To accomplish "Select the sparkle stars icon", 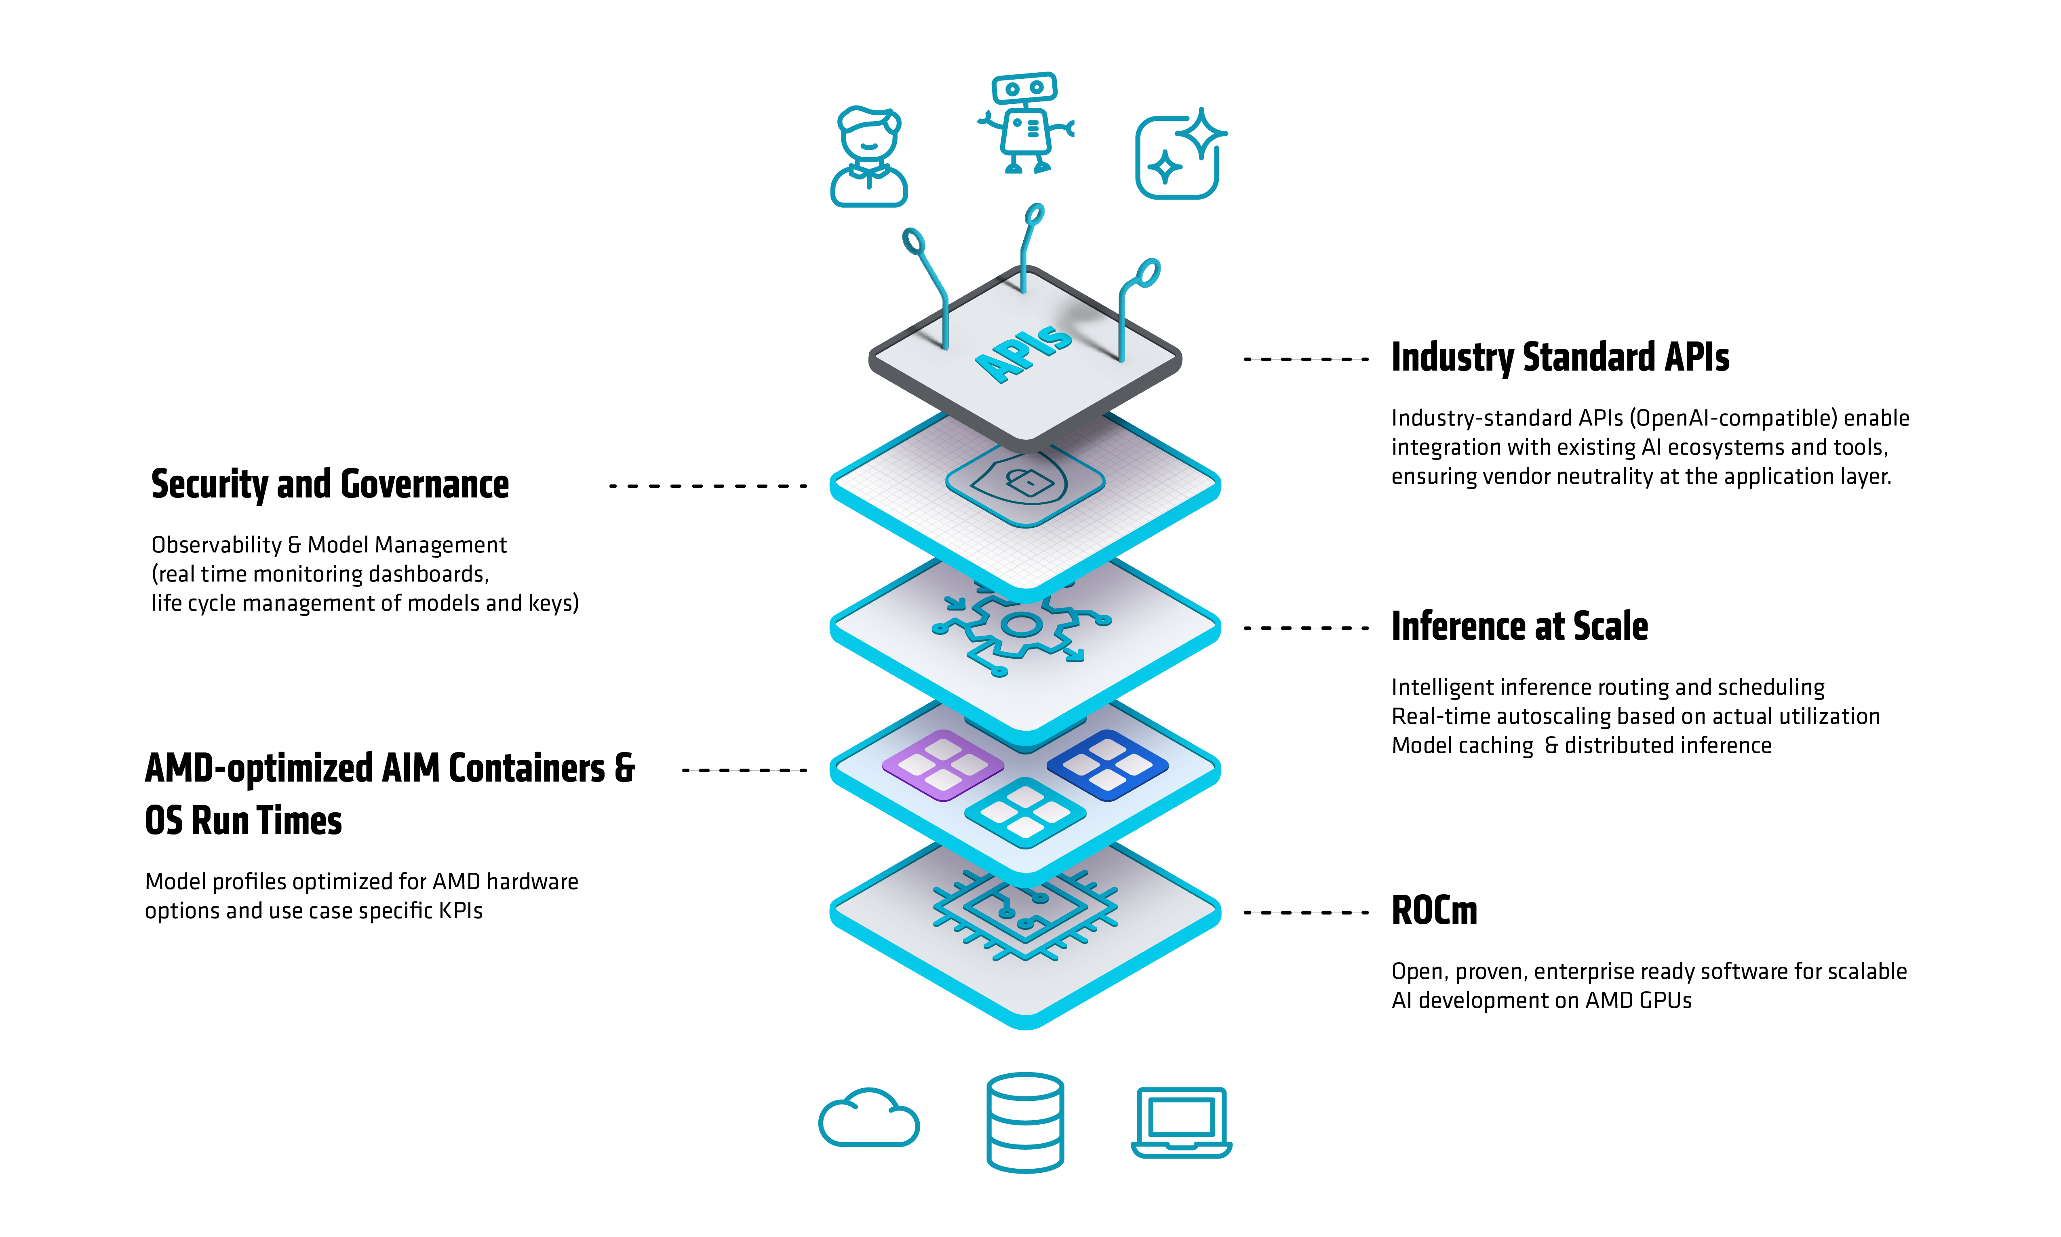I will (x=1179, y=154).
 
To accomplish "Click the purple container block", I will (x=942, y=764).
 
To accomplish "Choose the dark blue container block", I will (x=1107, y=764).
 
